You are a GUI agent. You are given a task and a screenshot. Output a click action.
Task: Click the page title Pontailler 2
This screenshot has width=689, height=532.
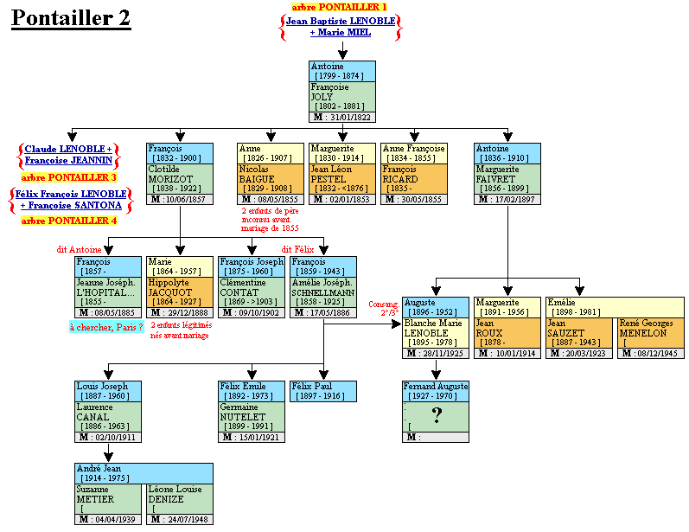(71, 19)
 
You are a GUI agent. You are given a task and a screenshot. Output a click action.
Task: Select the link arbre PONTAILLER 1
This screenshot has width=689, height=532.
(339, 7)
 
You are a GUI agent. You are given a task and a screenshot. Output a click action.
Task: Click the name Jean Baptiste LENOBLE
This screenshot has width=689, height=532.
(341, 20)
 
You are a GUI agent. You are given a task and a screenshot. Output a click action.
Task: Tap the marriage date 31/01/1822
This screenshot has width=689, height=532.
(348, 117)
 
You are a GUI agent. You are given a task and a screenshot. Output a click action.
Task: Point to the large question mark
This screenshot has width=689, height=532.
(437, 416)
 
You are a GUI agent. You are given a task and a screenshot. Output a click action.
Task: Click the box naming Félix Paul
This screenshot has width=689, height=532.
(322, 391)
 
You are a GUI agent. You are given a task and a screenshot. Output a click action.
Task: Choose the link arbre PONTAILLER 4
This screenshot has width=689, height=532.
(68, 221)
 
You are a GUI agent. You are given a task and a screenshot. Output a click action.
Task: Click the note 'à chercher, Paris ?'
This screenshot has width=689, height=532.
(106, 326)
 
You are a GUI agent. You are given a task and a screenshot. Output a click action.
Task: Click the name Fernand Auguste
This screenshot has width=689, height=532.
(436, 386)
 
